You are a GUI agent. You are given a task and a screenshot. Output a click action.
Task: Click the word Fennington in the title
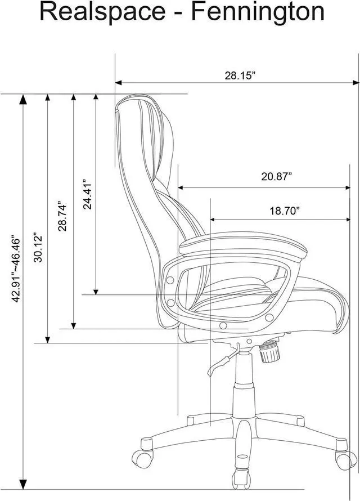pos(258,12)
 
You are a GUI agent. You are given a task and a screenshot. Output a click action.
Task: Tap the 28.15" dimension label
pos(240,76)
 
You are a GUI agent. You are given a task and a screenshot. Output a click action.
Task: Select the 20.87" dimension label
pos(277,176)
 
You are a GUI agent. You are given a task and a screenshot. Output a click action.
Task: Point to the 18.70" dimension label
pos(285,211)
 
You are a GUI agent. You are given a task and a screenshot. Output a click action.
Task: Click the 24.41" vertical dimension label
pos(87,194)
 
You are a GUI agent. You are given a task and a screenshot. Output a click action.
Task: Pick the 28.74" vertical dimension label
pos(62,216)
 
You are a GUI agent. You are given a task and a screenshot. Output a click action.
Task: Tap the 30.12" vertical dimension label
pos(38,248)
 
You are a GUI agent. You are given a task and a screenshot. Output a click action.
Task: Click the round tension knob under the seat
pos(268,351)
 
